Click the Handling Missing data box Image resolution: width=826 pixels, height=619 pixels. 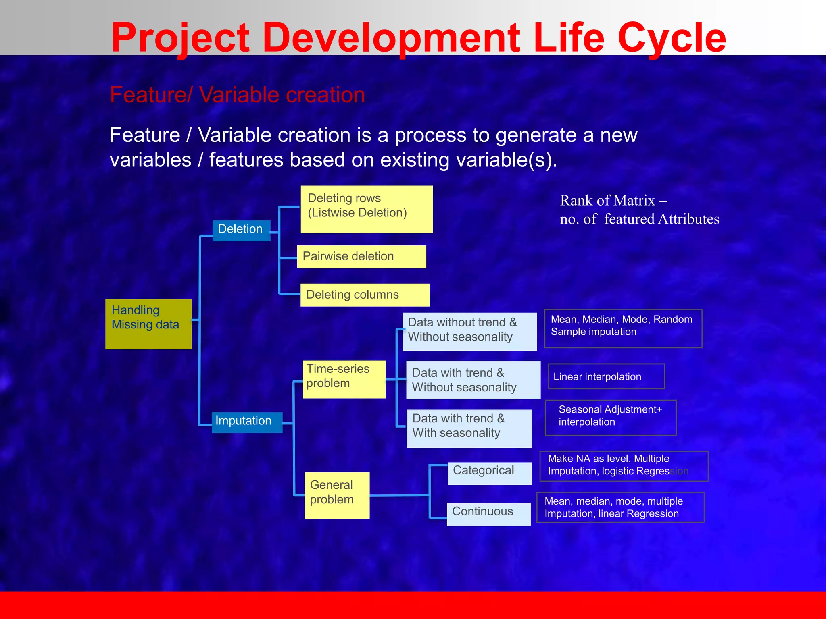148,324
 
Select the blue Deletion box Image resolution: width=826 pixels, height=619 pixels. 241,231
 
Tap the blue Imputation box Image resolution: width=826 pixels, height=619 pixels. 246,422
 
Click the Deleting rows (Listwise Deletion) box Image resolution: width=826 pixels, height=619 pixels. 366,209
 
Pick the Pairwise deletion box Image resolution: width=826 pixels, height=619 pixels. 361,257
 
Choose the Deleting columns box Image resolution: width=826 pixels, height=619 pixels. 364,295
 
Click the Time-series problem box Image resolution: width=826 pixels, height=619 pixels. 344,379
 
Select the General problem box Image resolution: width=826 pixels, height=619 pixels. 337,495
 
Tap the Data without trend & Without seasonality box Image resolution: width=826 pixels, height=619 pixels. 469,331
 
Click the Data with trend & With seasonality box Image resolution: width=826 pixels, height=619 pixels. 469,428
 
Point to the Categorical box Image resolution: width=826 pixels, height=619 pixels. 489,473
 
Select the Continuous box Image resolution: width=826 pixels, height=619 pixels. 488,514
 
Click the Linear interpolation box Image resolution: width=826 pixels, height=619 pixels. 606,376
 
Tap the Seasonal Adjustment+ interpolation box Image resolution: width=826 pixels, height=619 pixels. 610,417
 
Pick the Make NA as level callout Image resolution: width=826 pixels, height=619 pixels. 624,466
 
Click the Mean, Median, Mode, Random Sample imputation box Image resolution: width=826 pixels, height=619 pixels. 623,328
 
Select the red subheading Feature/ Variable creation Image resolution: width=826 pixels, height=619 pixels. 237,95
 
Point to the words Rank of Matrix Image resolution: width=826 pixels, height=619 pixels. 607,201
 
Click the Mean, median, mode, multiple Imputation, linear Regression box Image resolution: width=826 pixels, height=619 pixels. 620,507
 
